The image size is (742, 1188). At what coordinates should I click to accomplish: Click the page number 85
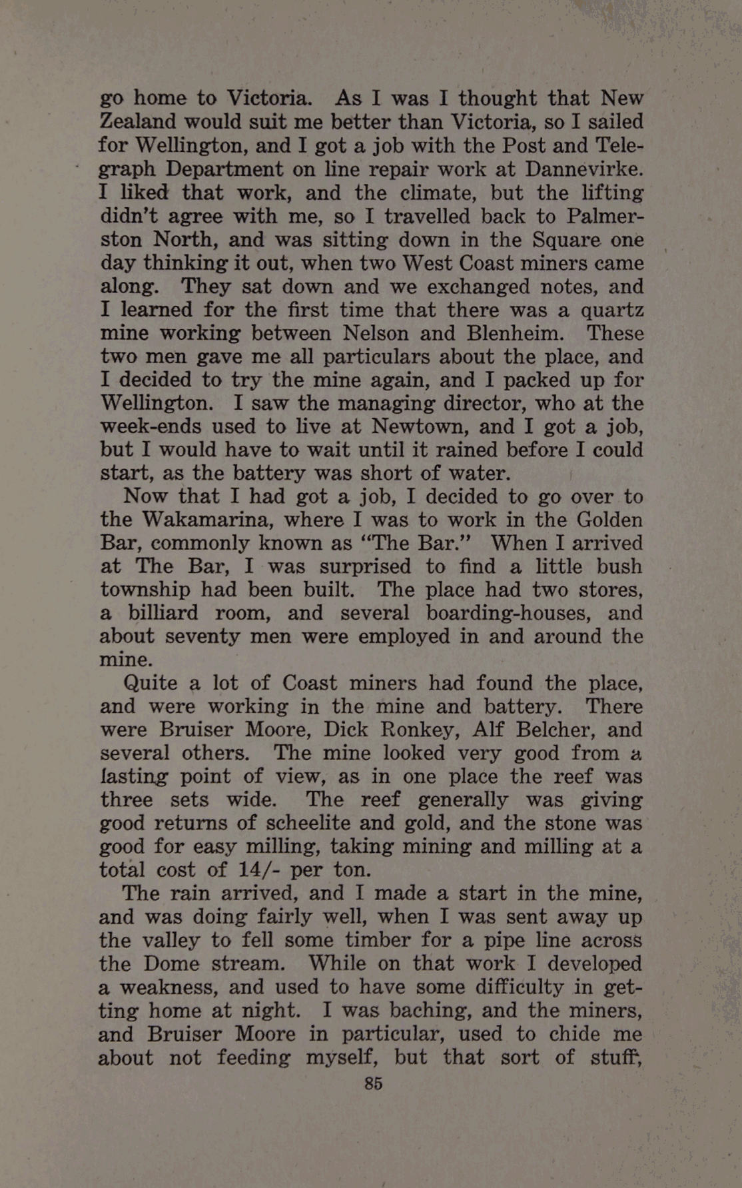(374, 1083)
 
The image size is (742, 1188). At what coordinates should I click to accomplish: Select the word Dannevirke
(584, 169)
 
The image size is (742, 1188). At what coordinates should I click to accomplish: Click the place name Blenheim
(512, 333)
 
